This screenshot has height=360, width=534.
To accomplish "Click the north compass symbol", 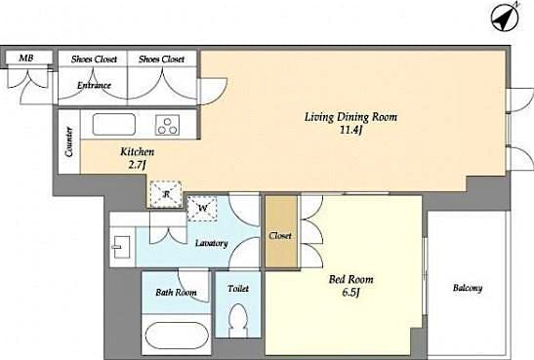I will pyautogui.click(x=506, y=18).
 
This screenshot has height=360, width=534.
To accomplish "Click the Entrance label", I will pyautogui.click(x=95, y=85).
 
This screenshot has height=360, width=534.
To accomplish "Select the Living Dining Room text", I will pyautogui.click(x=351, y=116).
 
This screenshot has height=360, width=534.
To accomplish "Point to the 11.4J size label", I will pyautogui.click(x=352, y=131).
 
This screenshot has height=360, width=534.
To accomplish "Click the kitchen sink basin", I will pyautogui.click(x=114, y=126).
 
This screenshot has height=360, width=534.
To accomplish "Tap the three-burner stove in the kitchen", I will pyautogui.click(x=169, y=125).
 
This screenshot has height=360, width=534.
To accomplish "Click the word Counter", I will pyautogui.click(x=69, y=142).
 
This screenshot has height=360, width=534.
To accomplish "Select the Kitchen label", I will pyautogui.click(x=137, y=152).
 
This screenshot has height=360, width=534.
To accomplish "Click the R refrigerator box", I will pyautogui.click(x=167, y=193).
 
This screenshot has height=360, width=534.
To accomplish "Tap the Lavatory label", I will pyautogui.click(x=211, y=242).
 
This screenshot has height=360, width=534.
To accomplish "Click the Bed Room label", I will pyautogui.click(x=350, y=279).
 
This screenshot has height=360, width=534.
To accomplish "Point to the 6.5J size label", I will pyautogui.click(x=350, y=294).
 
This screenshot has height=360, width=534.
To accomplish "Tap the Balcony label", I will pyautogui.click(x=468, y=288).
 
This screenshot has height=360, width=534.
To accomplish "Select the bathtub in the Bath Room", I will pyautogui.click(x=177, y=334).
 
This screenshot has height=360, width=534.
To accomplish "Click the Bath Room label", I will pyautogui.click(x=176, y=292).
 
